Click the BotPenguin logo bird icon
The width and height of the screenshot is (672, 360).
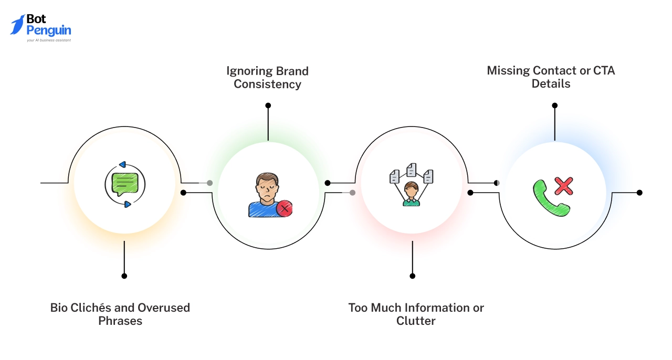point(17,25)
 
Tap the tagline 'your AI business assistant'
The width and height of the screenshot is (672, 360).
point(49,40)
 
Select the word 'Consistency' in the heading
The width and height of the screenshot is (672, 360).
point(267,84)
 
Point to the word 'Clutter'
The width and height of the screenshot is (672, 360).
point(416,321)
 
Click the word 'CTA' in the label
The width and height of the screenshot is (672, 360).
point(604,70)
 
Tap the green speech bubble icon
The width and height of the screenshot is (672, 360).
point(125,184)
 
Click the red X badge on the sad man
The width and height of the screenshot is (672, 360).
point(284,208)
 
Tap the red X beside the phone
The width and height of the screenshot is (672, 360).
point(563,186)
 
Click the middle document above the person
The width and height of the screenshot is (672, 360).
point(412,170)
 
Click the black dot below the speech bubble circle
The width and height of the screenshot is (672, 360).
point(124,276)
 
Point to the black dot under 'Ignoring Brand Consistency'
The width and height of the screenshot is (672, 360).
point(268,105)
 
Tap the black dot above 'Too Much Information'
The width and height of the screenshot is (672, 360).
point(412,276)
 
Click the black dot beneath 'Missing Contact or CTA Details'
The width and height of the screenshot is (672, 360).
point(554,105)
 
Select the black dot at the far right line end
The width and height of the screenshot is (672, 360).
point(639,193)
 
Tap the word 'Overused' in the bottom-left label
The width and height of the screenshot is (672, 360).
point(163,308)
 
